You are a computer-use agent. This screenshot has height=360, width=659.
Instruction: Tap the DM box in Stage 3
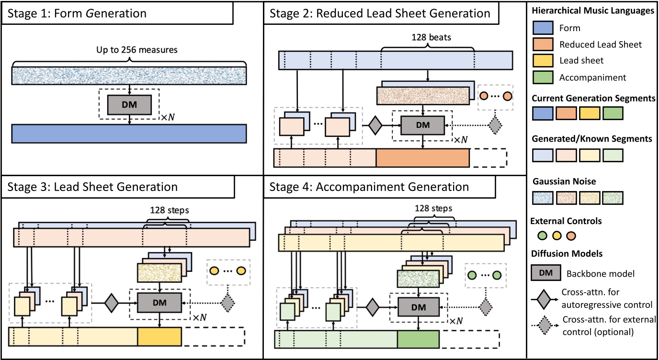click(x=159, y=302)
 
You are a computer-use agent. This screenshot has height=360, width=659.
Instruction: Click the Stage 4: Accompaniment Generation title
click(x=369, y=186)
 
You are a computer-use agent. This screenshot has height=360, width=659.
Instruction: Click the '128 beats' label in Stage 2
click(x=428, y=37)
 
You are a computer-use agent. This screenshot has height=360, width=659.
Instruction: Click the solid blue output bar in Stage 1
click(x=129, y=134)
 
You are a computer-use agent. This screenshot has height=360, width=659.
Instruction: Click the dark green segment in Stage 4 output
click(x=418, y=339)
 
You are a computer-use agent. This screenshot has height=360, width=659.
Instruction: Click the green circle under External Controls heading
click(x=543, y=236)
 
